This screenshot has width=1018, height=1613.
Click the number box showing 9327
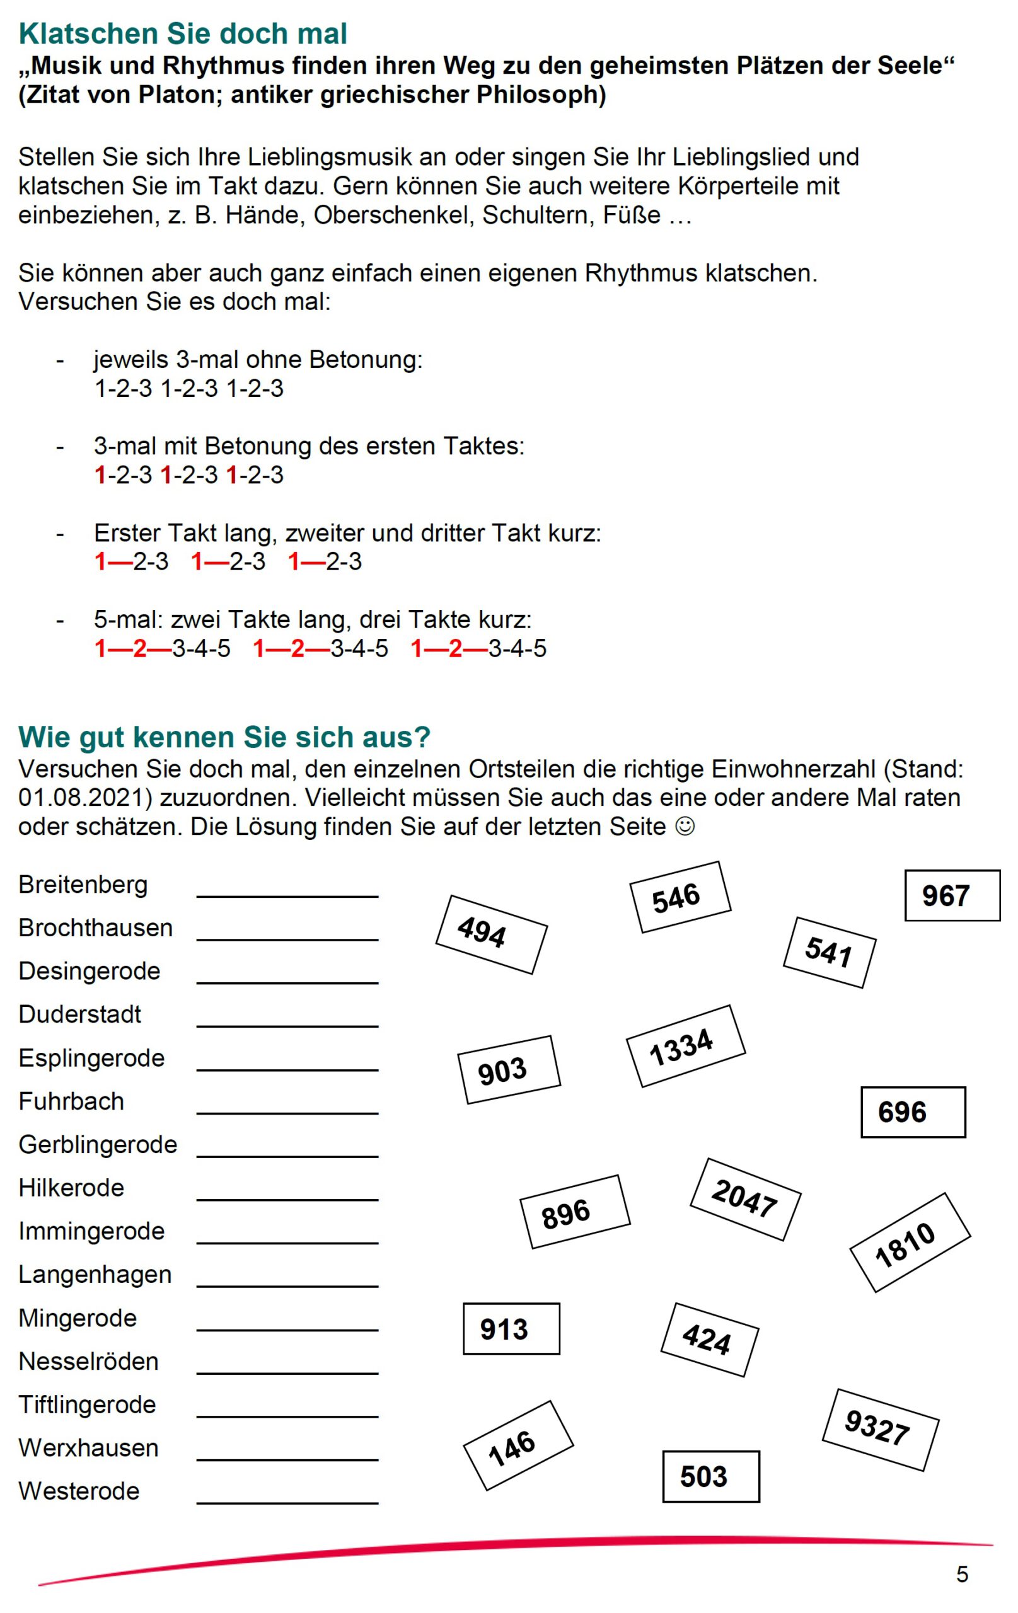tap(879, 1430)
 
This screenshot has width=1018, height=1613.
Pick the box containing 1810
tap(910, 1243)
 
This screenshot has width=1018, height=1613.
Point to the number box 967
tap(952, 895)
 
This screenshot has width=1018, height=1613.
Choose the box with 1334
tap(685, 1046)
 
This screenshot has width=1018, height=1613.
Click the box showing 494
tap(490, 934)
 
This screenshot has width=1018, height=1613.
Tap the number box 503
tap(710, 1476)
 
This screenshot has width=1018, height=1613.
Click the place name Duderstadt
tap(80, 1014)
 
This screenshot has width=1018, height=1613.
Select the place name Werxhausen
tap(88, 1448)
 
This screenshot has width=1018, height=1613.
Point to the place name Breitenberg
tap(83, 884)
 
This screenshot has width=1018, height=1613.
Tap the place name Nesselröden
tap(88, 1361)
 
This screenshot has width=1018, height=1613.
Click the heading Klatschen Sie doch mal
tap(182, 33)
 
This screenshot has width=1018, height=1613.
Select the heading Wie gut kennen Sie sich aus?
tap(224, 737)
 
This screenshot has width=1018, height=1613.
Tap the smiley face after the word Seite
tap(685, 826)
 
